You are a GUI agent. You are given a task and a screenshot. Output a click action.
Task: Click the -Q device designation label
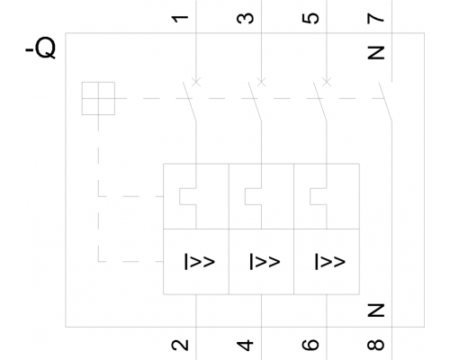pos(40,48)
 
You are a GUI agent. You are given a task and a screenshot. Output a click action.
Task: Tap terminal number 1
pos(180,19)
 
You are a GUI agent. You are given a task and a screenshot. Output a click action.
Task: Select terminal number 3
pos(245,18)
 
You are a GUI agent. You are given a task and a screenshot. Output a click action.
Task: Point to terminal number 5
pos(310,18)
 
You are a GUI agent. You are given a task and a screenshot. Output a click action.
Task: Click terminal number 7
pos(375,19)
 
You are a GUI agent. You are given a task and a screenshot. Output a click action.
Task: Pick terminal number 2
pos(180,345)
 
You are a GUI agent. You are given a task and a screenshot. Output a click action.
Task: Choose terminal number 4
pos(245,345)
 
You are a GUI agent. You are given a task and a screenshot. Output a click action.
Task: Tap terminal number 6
pos(310,345)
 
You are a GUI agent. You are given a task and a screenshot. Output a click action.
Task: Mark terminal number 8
pos(375,345)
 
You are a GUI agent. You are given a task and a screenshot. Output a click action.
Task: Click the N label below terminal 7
pos(375,53)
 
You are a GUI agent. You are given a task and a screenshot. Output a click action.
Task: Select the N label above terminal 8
pos(375,310)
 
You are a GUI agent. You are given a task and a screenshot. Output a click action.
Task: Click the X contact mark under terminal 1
pos(196,82)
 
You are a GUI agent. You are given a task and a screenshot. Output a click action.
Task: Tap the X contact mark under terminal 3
pos(261,82)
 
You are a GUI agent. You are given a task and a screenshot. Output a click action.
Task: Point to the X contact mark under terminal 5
pos(327,82)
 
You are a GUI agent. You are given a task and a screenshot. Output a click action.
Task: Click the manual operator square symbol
pos(98,98)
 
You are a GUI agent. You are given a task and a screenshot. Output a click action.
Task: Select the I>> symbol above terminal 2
pos(200,262)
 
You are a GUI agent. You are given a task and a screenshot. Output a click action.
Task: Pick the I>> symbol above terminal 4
pos(265,262)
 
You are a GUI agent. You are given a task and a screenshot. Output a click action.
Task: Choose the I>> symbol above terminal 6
pos(330,262)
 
